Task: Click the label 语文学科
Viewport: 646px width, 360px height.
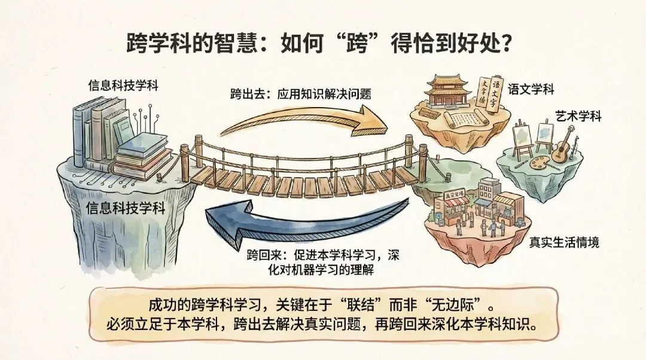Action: point(531,90)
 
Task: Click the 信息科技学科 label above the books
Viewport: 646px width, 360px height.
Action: point(123,84)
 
